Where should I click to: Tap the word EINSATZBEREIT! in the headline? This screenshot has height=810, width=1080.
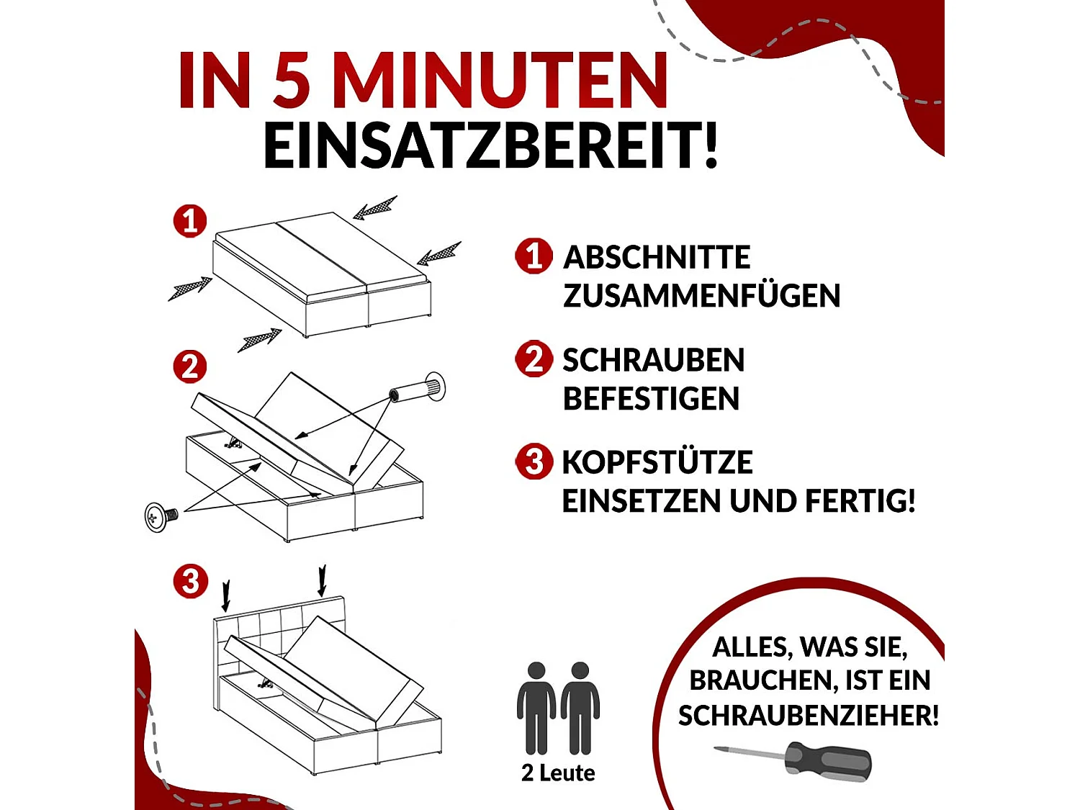point(490,146)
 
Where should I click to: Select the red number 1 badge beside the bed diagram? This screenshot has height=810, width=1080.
point(190,220)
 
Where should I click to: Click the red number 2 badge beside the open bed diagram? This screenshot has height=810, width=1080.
point(190,366)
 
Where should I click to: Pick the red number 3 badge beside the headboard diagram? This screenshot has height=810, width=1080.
point(190,581)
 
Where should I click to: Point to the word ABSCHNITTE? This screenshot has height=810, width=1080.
point(657,258)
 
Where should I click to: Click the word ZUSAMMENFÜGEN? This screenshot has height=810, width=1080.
point(701,296)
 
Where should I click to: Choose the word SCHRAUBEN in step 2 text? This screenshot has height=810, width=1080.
point(653,361)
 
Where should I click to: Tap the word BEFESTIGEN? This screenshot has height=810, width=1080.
point(651,399)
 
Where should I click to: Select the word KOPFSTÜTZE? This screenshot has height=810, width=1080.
point(657,463)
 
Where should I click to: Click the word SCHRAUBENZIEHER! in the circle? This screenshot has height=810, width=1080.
point(808,716)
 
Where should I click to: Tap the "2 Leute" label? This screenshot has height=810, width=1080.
point(558,773)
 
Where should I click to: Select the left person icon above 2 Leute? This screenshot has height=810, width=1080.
point(536,708)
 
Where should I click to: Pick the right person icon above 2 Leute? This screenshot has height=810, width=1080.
point(580,708)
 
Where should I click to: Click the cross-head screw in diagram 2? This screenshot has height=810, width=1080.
point(161,516)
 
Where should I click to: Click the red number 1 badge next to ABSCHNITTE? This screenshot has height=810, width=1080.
point(534,256)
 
